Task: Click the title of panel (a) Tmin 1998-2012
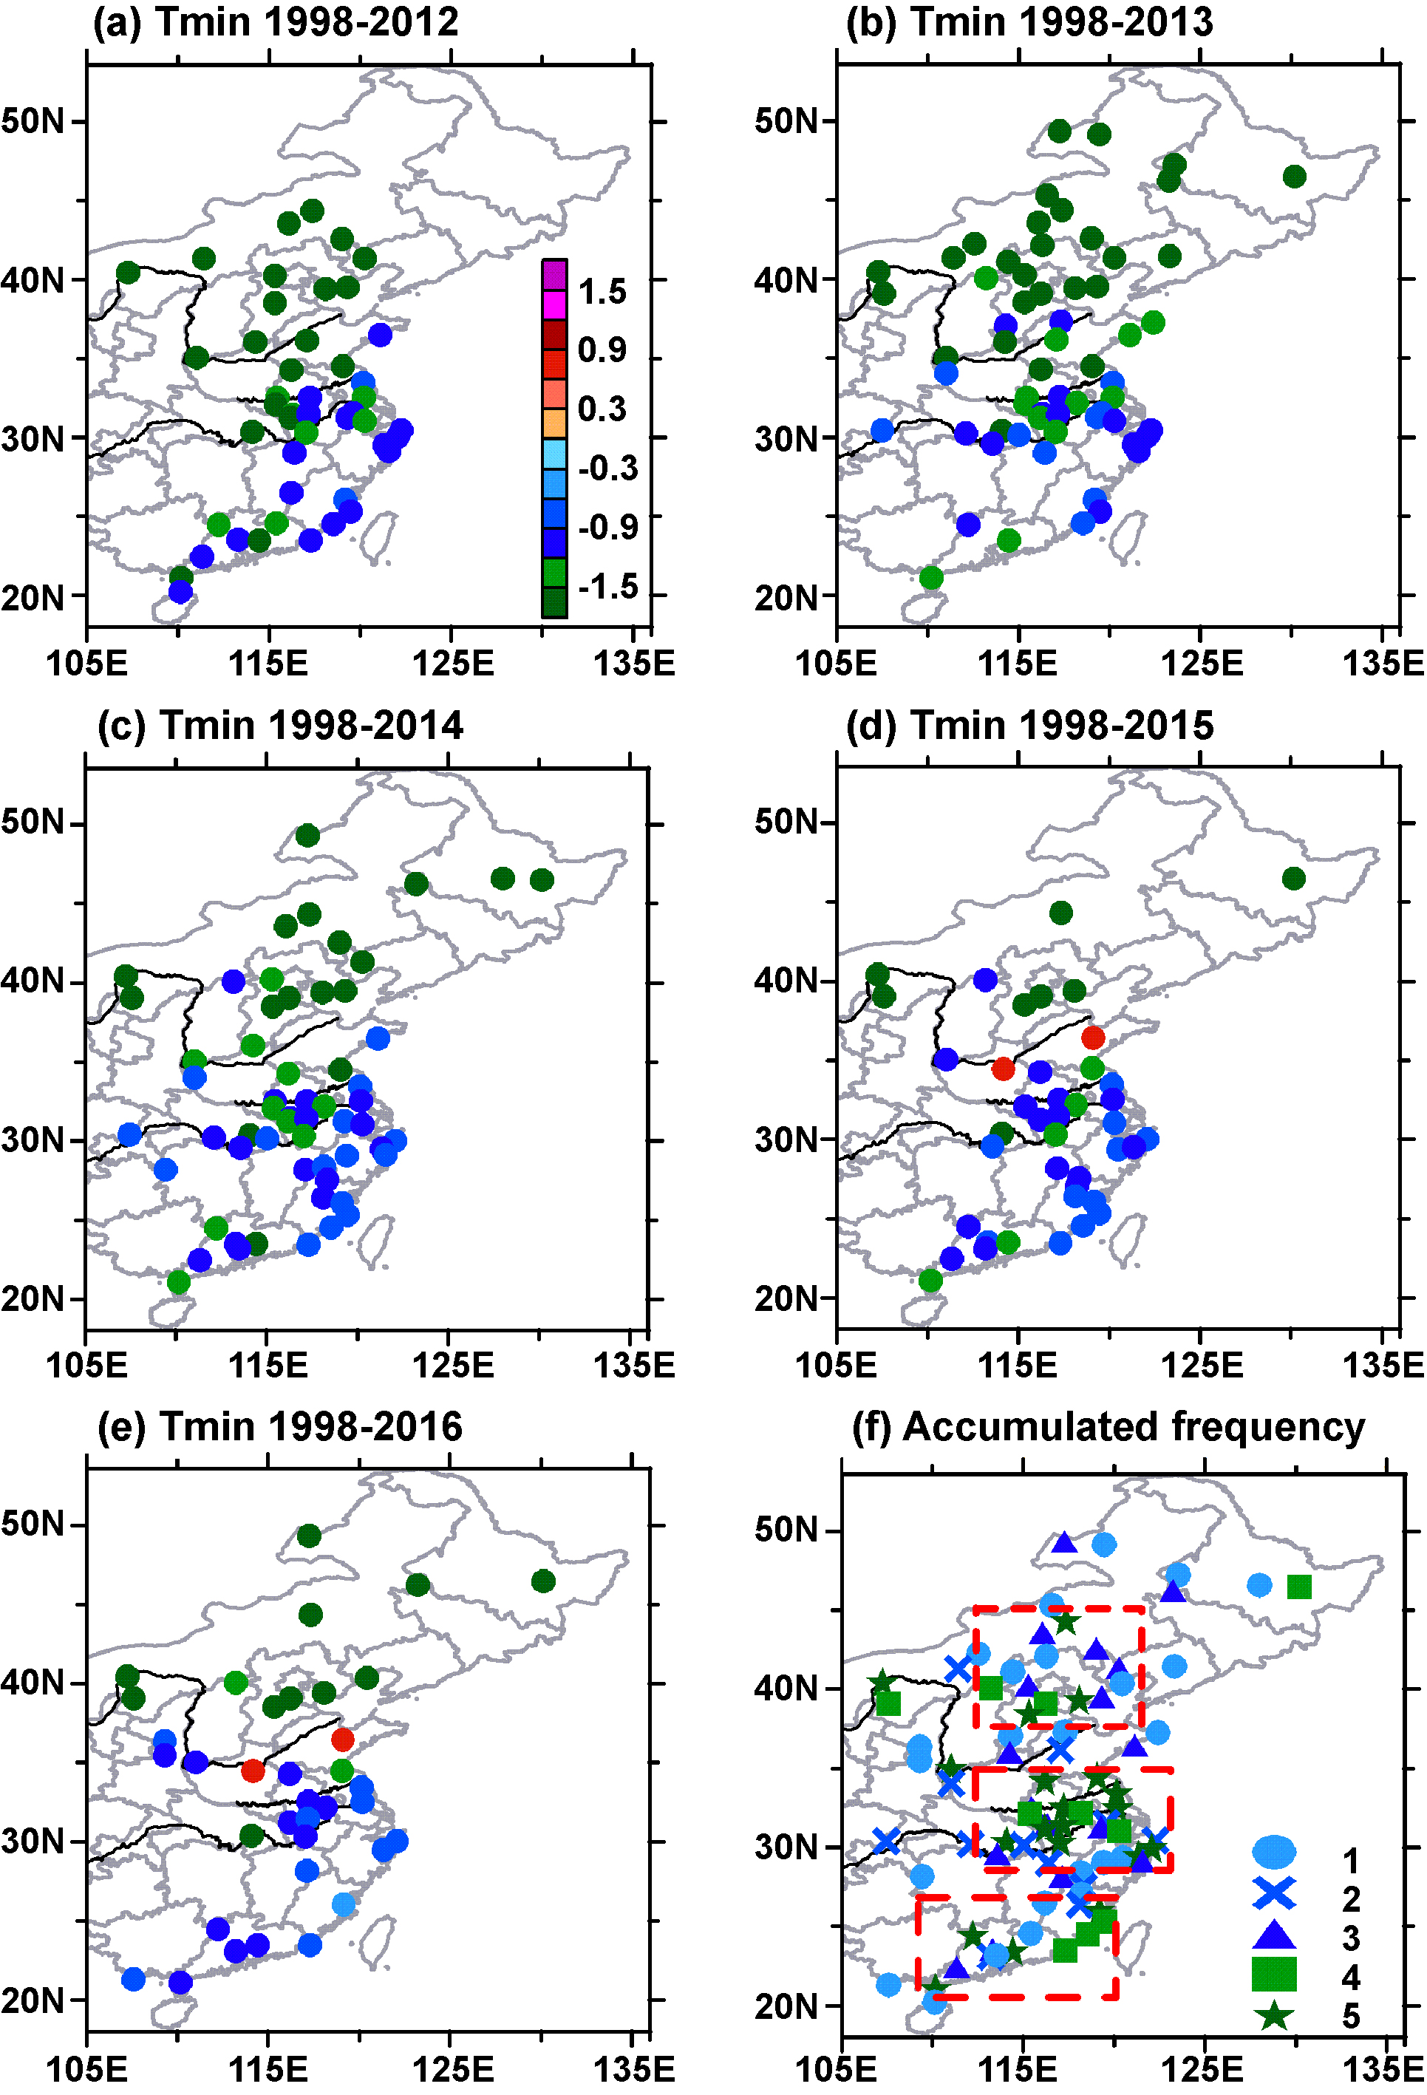click(276, 22)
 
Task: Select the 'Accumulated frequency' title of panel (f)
click(1108, 1426)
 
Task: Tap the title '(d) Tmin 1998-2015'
click(1029, 725)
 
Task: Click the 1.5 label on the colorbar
click(602, 291)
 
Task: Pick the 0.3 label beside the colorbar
click(602, 409)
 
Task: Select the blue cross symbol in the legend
click(1274, 1893)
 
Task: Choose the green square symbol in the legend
click(1274, 1973)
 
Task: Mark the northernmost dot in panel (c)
click(307, 836)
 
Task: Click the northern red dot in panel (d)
click(1092, 1038)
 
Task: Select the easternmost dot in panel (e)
click(542, 1580)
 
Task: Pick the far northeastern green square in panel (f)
click(1299, 1586)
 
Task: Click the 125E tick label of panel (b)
click(1202, 664)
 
